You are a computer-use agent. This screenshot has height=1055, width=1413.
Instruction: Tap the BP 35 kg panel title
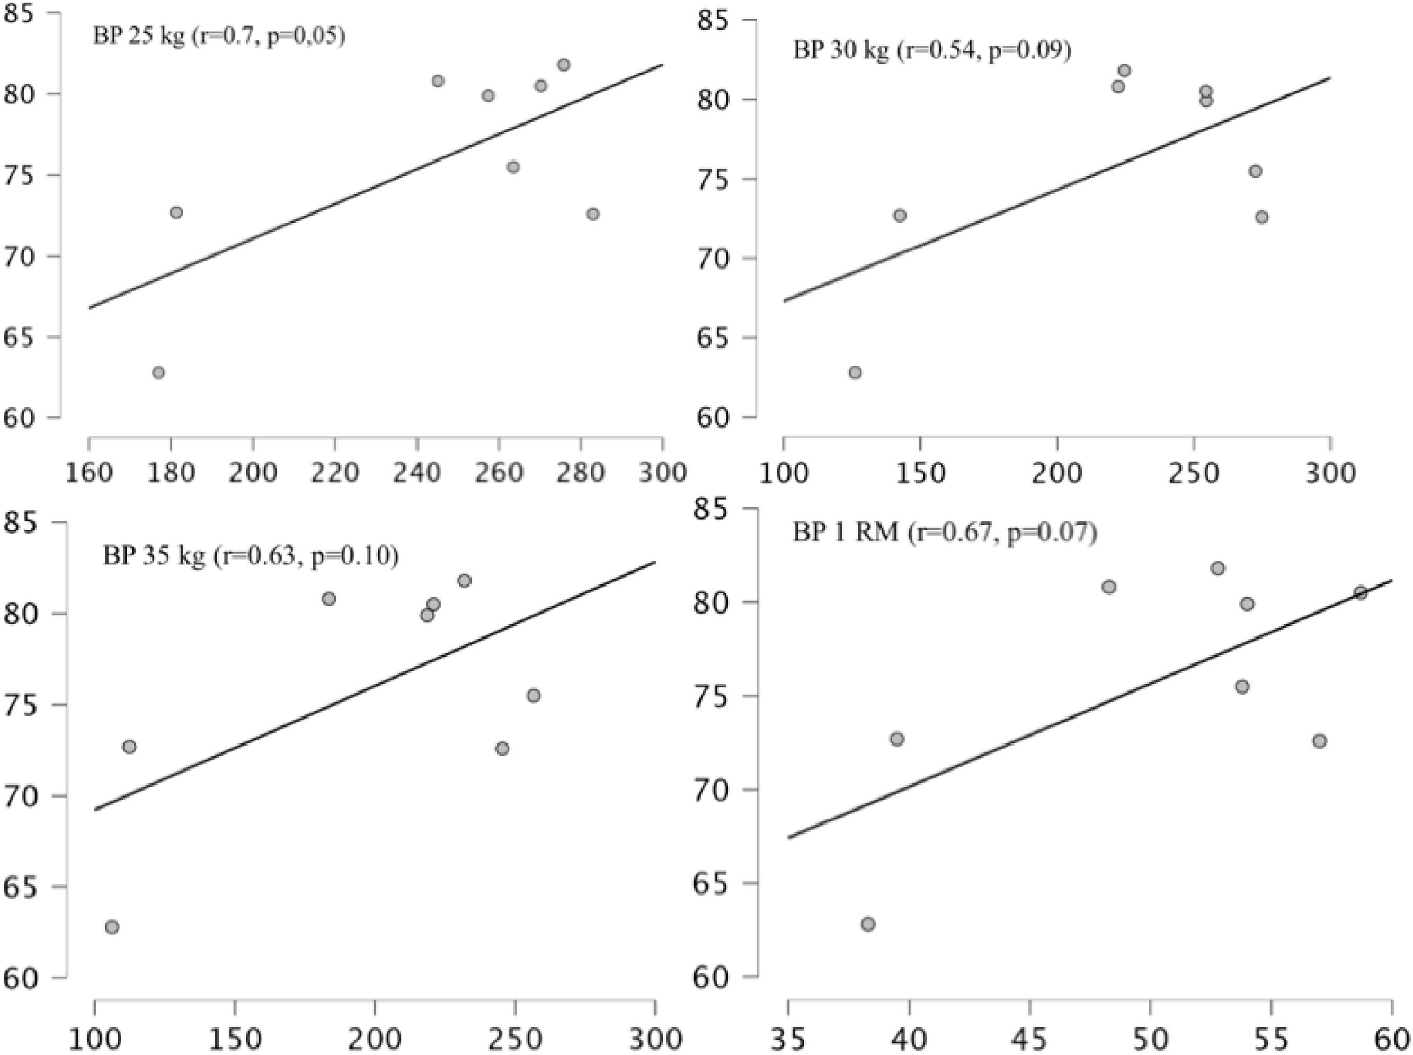tap(250, 556)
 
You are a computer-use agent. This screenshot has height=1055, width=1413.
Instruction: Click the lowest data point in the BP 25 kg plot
tap(158, 373)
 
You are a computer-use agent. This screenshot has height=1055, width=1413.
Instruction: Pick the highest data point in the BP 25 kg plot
tap(563, 65)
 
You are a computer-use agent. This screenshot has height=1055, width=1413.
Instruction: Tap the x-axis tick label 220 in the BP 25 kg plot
tap(334, 473)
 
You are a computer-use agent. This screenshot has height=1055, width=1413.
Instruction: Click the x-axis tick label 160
tap(90, 473)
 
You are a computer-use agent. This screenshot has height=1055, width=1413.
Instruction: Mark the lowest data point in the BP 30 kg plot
tap(855, 373)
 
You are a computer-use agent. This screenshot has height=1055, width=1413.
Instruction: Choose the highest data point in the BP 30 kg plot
tap(1124, 70)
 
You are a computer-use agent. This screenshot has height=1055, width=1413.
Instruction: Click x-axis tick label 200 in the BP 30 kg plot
tap(1057, 473)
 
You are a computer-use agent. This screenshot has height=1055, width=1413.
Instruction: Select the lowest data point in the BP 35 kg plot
tap(112, 927)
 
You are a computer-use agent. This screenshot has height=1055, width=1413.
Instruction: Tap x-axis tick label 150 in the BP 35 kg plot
tap(234, 1039)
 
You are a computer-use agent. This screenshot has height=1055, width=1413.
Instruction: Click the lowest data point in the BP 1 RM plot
tap(868, 924)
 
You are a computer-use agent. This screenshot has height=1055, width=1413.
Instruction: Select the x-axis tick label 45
tap(1030, 1039)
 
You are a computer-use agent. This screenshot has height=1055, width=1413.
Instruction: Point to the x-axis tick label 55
tap(1271, 1039)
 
